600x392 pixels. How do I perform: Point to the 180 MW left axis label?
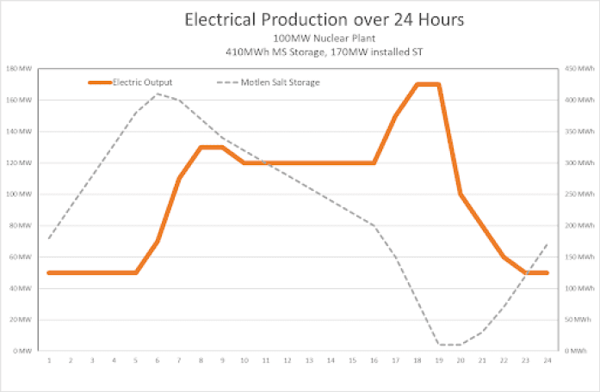click(x=18, y=68)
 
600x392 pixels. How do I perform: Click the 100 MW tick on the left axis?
click(x=18, y=194)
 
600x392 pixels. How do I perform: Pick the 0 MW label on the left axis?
click(x=21, y=351)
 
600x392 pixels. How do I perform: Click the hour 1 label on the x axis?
click(x=49, y=362)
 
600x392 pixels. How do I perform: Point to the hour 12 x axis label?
click(x=288, y=362)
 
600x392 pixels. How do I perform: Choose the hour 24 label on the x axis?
click(x=547, y=362)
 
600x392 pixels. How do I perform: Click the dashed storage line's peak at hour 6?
click(x=158, y=93)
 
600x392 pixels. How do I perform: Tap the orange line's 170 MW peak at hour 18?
click(x=418, y=84)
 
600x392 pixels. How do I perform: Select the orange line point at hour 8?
click(x=201, y=147)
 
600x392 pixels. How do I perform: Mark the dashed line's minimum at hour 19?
click(x=439, y=345)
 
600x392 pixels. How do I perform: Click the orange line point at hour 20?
click(x=461, y=194)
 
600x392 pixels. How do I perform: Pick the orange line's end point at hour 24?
click(x=547, y=273)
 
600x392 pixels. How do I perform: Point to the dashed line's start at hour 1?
click(x=49, y=238)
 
